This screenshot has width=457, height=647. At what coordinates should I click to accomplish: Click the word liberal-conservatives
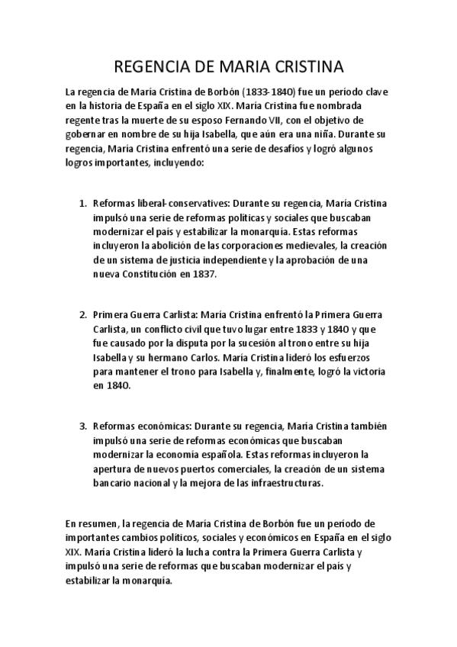[x=163, y=204]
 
